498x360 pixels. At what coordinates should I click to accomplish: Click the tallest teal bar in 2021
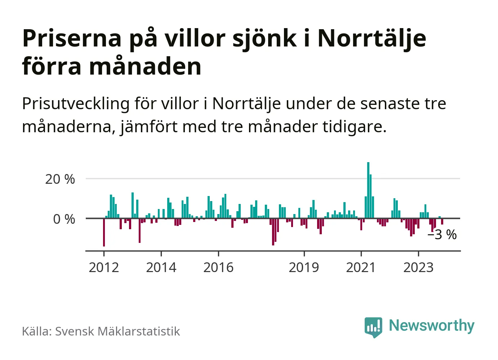368,190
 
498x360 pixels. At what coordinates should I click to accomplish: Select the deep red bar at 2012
104,232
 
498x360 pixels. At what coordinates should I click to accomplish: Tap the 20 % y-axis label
60,179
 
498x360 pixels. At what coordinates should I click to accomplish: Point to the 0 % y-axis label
64,219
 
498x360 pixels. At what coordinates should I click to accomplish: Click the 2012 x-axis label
104,267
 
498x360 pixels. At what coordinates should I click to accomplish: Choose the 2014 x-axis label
161,267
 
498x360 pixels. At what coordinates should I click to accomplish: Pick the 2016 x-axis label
218,267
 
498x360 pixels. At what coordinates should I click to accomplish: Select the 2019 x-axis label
304,267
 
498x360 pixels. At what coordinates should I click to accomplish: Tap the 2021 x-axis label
361,267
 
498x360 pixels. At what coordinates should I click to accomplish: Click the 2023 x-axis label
418,267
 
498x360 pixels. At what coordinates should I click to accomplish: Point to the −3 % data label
442,235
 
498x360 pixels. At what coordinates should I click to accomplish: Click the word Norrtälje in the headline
372,38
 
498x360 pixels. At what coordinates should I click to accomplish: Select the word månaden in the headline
145,67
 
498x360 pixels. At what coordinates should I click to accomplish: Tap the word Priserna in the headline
72,38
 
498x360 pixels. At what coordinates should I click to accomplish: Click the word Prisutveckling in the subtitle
76,104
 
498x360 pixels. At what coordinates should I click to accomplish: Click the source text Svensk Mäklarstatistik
117,331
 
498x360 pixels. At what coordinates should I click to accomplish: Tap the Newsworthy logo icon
373,327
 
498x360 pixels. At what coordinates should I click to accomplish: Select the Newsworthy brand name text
431,325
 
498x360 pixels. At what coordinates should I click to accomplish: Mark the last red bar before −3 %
442,222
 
